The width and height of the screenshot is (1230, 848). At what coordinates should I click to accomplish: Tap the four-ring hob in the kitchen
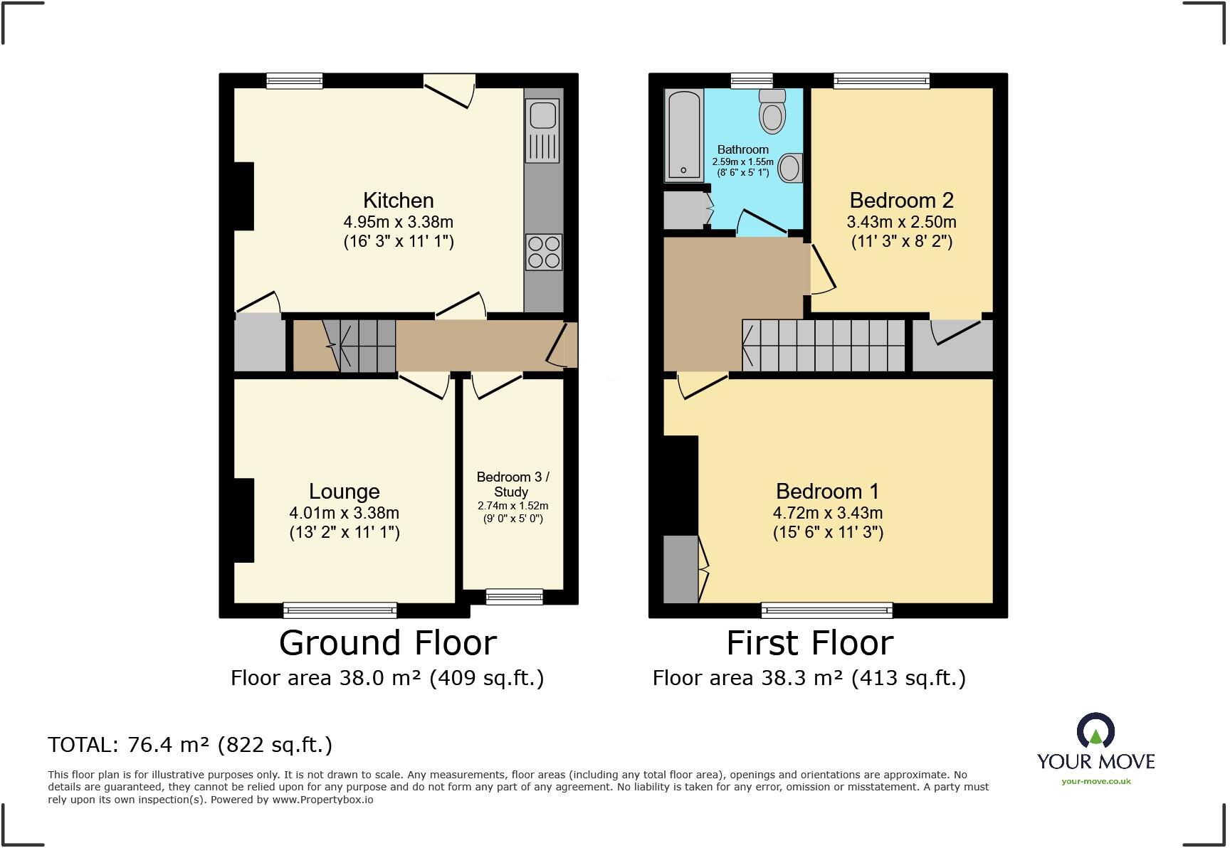point(544,252)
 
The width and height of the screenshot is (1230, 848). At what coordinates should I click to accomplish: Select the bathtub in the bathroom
point(684,135)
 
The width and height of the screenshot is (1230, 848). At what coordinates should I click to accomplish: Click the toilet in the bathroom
point(772,113)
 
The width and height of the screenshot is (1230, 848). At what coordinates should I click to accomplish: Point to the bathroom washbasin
point(789,169)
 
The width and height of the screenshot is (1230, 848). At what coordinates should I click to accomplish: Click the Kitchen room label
point(398,201)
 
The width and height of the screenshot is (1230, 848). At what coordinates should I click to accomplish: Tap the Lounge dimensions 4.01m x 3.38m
point(344,513)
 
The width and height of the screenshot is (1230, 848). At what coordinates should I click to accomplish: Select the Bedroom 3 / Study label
point(512,484)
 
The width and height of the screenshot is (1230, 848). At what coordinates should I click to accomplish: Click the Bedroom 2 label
point(901,201)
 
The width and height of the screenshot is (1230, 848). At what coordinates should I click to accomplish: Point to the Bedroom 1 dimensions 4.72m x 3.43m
point(828,513)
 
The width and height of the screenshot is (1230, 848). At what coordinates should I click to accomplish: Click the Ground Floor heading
point(387,643)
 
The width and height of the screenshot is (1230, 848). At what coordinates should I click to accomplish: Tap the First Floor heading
point(809,643)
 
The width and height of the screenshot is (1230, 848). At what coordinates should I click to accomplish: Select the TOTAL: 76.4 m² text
point(189,745)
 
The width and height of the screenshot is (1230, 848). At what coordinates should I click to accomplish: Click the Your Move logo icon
point(1095,731)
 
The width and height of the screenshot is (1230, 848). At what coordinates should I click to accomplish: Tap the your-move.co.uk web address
point(1095,781)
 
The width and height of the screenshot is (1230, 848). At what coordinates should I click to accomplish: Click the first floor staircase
point(824,346)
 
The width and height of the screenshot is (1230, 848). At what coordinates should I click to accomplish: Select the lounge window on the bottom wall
point(340,610)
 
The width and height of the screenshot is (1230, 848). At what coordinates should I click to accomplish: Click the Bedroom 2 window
point(881,80)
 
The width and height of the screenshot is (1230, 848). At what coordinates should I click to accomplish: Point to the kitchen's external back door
point(449,91)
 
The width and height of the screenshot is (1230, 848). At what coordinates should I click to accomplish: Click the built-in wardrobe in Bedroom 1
point(680,569)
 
